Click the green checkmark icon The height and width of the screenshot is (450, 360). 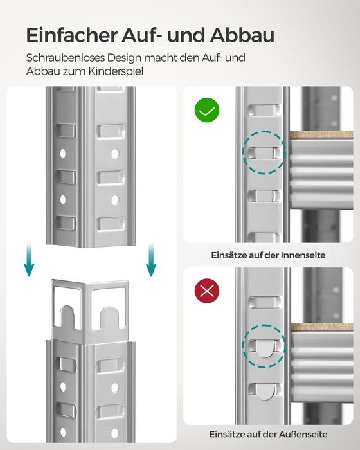pyautogui.click(x=206, y=111)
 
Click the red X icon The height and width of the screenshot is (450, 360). pyautogui.click(x=206, y=291)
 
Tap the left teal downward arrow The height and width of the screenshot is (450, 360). pyautogui.click(x=29, y=261)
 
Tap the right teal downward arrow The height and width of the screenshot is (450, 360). pyautogui.click(x=150, y=261)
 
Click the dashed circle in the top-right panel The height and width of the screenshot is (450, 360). pyautogui.click(x=264, y=152)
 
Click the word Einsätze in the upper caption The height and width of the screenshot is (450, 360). pyautogui.click(x=230, y=255)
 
